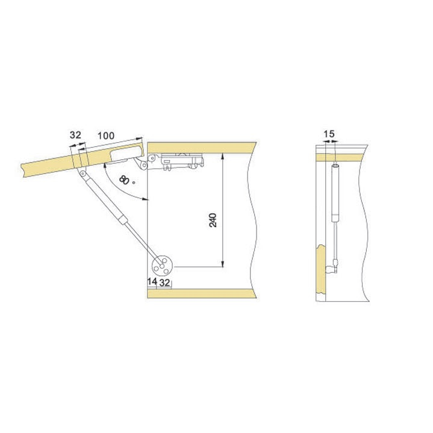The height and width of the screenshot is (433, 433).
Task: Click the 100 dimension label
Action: pos(106,136)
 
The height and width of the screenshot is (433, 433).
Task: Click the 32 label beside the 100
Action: pos(75,135)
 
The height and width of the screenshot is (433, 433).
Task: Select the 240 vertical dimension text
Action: pos(213,220)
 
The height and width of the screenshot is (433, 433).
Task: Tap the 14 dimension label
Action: pos(152,282)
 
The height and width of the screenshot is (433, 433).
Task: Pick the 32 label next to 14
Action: pos(164,283)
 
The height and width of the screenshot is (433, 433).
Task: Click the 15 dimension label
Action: pos(329,134)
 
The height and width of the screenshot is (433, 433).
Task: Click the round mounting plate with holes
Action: pos(162,266)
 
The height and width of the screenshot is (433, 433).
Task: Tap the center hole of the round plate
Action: pos(162,266)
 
